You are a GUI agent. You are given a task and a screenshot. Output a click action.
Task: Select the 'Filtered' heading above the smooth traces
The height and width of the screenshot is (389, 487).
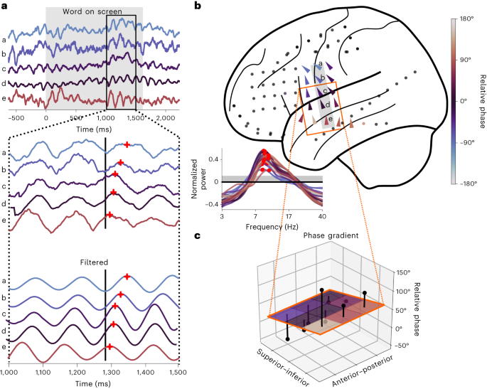[93, 262]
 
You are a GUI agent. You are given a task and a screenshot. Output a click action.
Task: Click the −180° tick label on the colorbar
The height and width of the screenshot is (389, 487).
[466, 182]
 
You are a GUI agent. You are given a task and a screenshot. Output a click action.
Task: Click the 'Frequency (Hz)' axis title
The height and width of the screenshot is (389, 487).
[272, 226]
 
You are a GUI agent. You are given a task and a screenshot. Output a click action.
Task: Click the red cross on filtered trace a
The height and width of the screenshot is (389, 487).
[127, 277]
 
